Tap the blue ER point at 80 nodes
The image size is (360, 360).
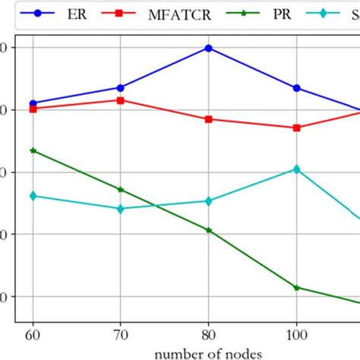pyautogui.click(x=208, y=48)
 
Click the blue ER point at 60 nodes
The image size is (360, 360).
pyautogui.click(x=33, y=103)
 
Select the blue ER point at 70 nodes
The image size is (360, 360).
pyautogui.click(x=120, y=87)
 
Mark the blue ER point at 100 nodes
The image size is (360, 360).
pyautogui.click(x=296, y=88)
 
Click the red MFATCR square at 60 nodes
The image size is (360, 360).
pyautogui.click(x=33, y=109)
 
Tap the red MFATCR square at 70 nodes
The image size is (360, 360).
pyautogui.click(x=120, y=100)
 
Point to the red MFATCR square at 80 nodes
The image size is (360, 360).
pyautogui.click(x=208, y=119)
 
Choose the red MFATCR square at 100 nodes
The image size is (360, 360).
pyautogui.click(x=296, y=128)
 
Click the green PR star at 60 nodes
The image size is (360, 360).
pyautogui.click(x=33, y=151)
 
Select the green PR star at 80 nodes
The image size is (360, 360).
pyautogui.click(x=208, y=229)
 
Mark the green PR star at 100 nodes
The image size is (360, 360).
pyautogui.click(x=296, y=287)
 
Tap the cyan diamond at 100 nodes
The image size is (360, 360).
pyautogui.click(x=296, y=169)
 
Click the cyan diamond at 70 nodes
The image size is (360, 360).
pyautogui.click(x=120, y=208)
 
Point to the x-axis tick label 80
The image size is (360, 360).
pyautogui.click(x=208, y=334)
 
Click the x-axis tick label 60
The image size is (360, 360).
pyautogui.click(x=33, y=334)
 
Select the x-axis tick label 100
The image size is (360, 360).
pyautogui.click(x=296, y=334)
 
